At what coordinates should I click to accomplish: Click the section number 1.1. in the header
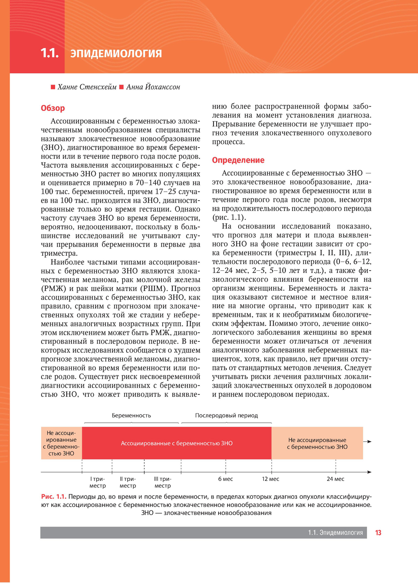(x=49, y=53)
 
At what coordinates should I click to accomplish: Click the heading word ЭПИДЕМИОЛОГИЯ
(x=116, y=53)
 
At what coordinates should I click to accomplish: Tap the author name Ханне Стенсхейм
(x=87, y=87)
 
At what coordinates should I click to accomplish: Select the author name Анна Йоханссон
(x=153, y=87)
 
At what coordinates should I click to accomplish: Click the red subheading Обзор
(x=53, y=108)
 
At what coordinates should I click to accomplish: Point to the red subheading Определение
(x=238, y=160)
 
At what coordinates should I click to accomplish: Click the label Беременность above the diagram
(x=131, y=415)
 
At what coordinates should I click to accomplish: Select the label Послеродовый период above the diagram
(x=226, y=415)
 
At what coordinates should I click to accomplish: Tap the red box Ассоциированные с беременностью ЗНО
(x=176, y=443)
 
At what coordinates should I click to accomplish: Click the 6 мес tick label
(x=225, y=479)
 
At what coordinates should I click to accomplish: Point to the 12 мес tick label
(x=270, y=479)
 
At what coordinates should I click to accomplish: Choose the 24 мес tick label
(x=335, y=479)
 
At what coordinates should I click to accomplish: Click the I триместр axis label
(x=97, y=482)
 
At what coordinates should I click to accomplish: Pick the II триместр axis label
(x=127, y=482)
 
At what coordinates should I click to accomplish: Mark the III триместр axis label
(x=163, y=482)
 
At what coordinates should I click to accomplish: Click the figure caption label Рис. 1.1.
(x=54, y=496)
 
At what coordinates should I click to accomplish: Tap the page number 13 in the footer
(x=378, y=533)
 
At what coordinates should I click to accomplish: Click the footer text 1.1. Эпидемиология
(x=335, y=533)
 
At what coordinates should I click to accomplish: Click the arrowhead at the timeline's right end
(x=369, y=472)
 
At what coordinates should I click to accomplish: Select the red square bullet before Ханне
(x=53, y=87)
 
